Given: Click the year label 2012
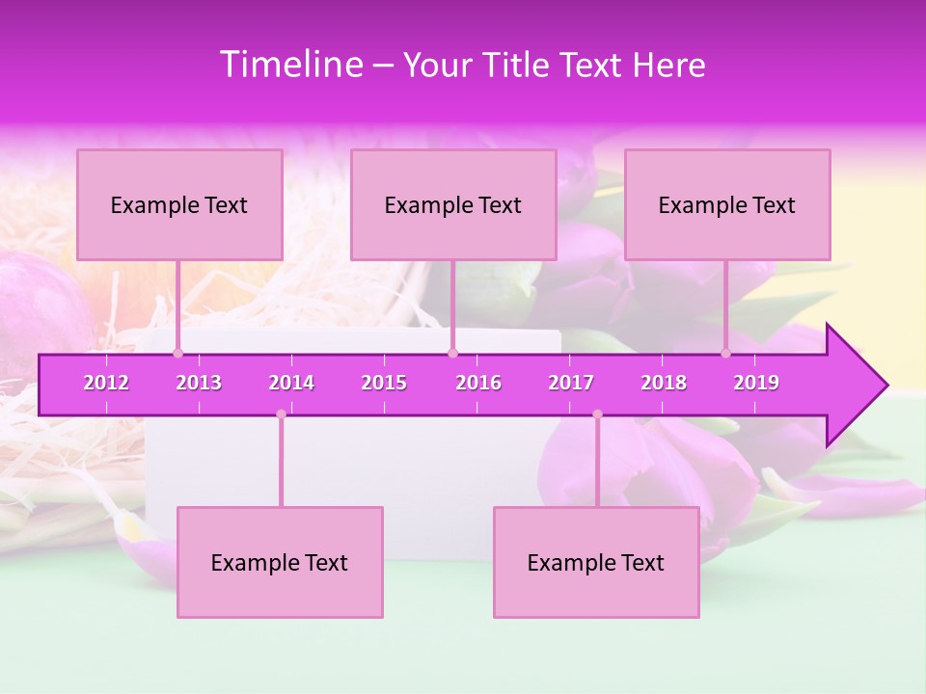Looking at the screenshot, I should pyautogui.click(x=106, y=383).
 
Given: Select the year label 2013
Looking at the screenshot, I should pyautogui.click(x=199, y=383).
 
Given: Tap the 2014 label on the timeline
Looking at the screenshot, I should pyautogui.click(x=291, y=383).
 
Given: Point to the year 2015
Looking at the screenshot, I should pyautogui.click(x=384, y=383).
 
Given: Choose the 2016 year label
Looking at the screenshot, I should pyautogui.click(x=478, y=383).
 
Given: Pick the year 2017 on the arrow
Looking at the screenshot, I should pyautogui.click(x=571, y=383).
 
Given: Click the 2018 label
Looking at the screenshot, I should pyautogui.click(x=664, y=383).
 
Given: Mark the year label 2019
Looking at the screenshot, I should pyautogui.click(x=756, y=383).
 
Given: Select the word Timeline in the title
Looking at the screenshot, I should pyautogui.click(x=290, y=65).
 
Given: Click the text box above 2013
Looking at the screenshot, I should pyautogui.click(x=179, y=204).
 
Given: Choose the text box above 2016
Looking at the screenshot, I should pyautogui.click(x=453, y=204).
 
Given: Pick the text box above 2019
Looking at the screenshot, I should pyautogui.click(x=727, y=204).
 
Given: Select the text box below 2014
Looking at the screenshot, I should pyautogui.click(x=280, y=562).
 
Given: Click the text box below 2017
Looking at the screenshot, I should pyautogui.click(x=596, y=562).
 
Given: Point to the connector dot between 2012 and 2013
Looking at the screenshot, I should pyautogui.click(x=177, y=354).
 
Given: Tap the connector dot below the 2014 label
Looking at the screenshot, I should pyautogui.click(x=281, y=414).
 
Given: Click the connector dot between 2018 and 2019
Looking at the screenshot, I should pyautogui.click(x=726, y=354).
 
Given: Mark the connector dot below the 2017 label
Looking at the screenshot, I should pyautogui.click(x=597, y=414).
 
